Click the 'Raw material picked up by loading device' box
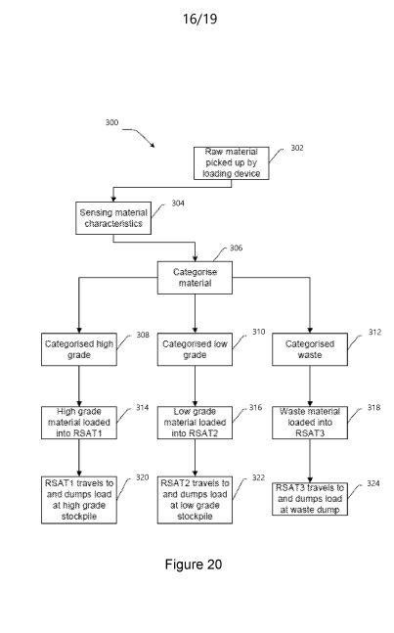[231, 163]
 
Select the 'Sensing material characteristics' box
[113, 218]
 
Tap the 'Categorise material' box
[195, 277]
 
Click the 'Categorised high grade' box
[79, 349]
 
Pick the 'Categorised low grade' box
[195, 349]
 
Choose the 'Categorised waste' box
[310, 349]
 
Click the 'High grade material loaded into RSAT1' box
[79, 423]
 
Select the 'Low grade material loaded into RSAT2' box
[195, 423]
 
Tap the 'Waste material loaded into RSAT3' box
[310, 423]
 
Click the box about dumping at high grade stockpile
[79, 500]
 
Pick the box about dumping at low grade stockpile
[195, 500]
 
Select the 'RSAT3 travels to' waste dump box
[310, 499]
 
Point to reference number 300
[111, 122]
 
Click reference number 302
[297, 148]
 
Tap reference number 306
[236, 248]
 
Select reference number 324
[373, 483]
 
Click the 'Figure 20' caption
[194, 564]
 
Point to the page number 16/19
[200, 19]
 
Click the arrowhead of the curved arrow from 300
[153, 146]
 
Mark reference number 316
[255, 407]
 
